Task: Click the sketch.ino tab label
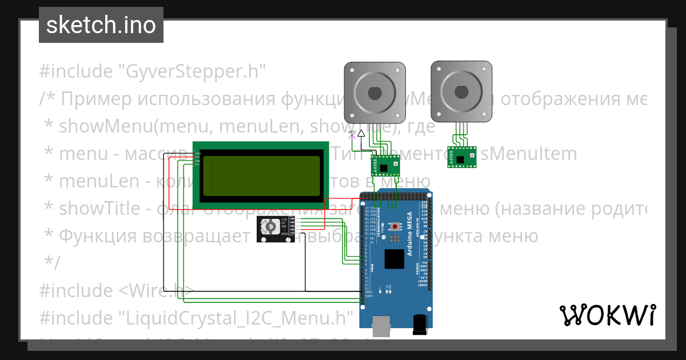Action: [x=101, y=25]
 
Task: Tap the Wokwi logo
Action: [x=607, y=315]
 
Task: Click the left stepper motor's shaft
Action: [x=374, y=92]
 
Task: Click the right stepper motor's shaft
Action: [x=461, y=92]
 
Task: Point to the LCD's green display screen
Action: [x=261, y=175]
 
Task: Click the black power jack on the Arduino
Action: [x=420, y=324]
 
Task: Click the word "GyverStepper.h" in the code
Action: [x=192, y=72]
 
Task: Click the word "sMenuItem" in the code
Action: [x=529, y=154]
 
